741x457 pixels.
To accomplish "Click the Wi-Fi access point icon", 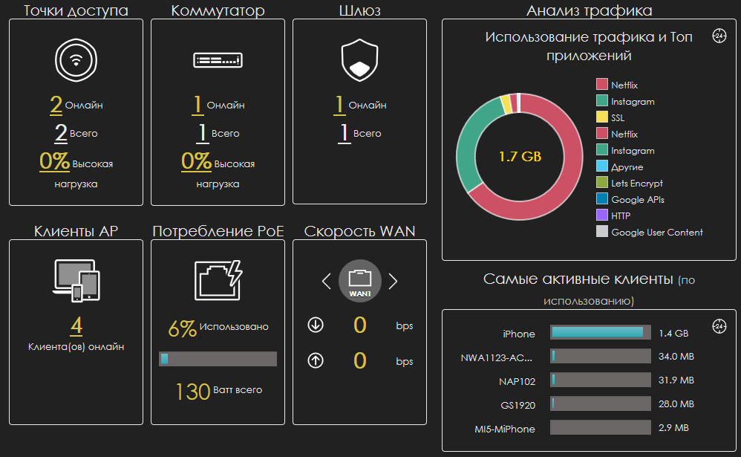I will coord(76,61).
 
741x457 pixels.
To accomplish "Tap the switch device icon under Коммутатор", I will coord(218,60).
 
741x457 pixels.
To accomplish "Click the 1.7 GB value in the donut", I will coord(520,157).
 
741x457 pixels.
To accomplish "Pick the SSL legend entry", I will coord(617,117).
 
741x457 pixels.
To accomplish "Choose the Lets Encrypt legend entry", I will coord(636,183).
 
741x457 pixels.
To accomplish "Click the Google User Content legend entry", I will coord(656,232).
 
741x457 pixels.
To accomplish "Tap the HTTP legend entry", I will coord(620,215).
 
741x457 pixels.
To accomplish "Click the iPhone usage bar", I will coord(600,333).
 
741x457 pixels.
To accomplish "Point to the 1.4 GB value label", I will coord(673,334).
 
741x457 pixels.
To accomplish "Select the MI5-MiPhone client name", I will coord(505,429).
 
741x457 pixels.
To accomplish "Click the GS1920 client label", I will coord(518,405).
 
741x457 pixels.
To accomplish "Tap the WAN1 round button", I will coord(360,281).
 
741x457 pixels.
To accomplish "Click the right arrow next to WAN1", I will coord(394,281).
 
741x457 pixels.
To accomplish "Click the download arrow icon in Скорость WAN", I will coord(316,325).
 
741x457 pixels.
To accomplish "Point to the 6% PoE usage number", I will coord(183,328).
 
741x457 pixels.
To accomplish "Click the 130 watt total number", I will coord(193,391).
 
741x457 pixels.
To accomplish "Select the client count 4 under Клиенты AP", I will coord(76,326).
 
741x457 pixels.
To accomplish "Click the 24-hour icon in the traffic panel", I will coord(719,36).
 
